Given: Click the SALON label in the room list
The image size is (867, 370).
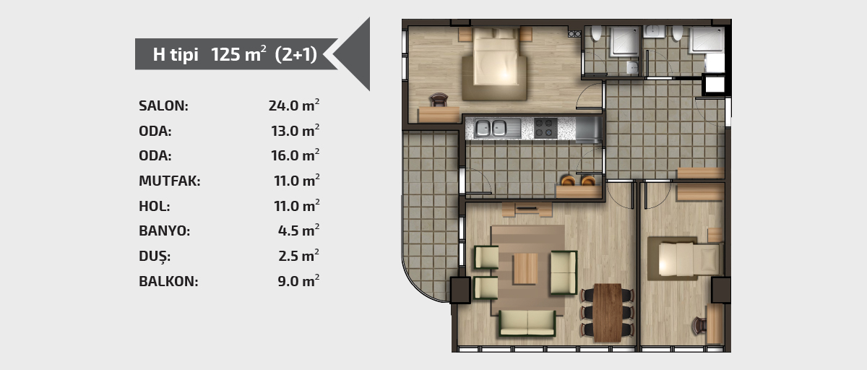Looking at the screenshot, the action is (163, 106).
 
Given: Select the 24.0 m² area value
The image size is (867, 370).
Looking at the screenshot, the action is (294, 106).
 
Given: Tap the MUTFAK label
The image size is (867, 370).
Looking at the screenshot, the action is (170, 181).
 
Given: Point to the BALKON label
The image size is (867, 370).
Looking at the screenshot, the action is (168, 281).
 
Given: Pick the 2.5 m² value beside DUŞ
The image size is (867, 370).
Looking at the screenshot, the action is (299, 256).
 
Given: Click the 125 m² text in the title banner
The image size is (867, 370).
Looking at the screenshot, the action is (238, 54).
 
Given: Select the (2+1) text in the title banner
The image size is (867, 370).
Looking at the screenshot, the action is (296, 54).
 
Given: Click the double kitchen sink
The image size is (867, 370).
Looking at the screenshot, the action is (491, 128).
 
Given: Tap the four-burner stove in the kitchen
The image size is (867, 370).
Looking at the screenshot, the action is (545, 128).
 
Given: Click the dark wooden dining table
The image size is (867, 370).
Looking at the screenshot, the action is (608, 313).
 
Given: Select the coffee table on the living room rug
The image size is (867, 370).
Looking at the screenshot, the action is (526, 269).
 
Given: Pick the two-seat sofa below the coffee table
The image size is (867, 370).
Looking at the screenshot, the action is (527, 323).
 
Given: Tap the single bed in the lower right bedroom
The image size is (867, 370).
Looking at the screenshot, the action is (691, 259).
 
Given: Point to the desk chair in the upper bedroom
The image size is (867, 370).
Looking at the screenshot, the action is (439, 100).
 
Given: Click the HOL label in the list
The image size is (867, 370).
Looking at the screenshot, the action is (154, 206).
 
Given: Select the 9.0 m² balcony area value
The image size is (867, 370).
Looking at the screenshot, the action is (298, 281).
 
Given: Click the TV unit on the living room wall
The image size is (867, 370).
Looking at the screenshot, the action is (527, 210).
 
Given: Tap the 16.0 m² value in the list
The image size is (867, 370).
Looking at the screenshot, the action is (295, 155).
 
